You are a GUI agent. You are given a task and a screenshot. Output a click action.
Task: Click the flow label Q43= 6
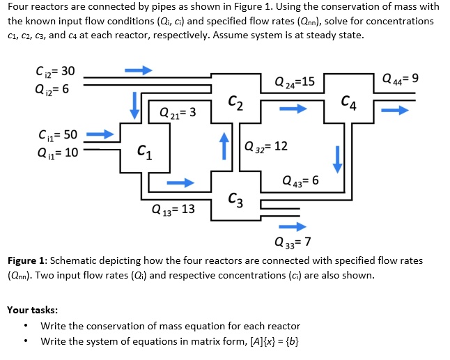pyautogui.click(x=300, y=180)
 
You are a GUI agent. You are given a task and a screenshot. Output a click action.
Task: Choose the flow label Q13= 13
pyautogui.click(x=173, y=209)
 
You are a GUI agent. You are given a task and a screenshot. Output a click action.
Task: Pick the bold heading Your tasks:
pyautogui.click(x=32, y=309)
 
